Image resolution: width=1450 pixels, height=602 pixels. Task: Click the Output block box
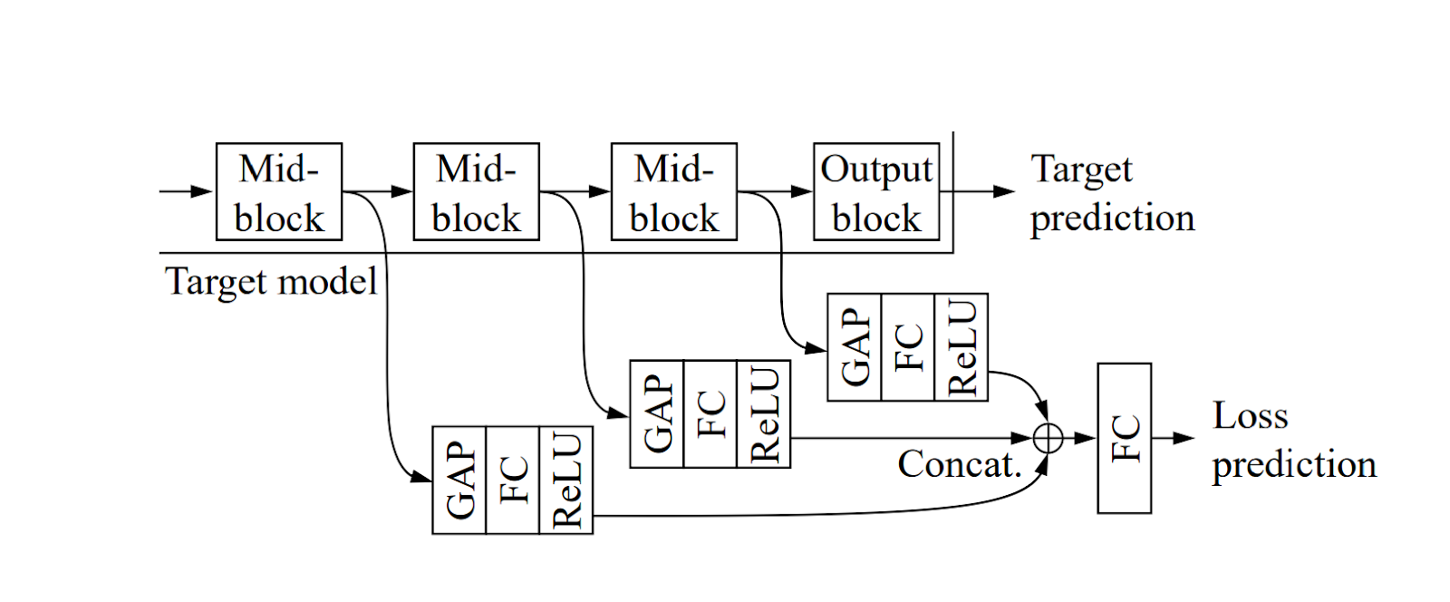(x=875, y=191)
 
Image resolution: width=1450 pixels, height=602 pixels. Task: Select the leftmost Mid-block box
(x=278, y=191)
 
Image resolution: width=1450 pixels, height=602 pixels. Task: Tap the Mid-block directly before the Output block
(x=673, y=191)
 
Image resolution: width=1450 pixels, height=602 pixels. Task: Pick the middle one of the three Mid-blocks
(x=476, y=191)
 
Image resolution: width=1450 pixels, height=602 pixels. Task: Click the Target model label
(x=271, y=281)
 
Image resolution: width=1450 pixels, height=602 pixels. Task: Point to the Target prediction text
(x=1111, y=193)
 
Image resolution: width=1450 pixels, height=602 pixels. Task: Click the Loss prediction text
(x=1293, y=440)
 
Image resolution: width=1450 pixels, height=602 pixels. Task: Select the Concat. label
(x=959, y=464)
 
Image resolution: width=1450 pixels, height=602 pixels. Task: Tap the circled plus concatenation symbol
(x=1048, y=438)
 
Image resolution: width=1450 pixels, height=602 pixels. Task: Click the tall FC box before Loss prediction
(x=1124, y=438)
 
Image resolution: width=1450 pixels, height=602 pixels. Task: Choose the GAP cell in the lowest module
(x=459, y=480)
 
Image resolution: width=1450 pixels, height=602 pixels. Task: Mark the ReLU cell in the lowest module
(x=566, y=480)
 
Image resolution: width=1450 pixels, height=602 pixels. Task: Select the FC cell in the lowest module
(x=513, y=480)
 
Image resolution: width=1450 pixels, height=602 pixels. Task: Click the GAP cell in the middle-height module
(x=657, y=413)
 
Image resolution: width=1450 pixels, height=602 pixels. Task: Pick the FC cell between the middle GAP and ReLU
(x=710, y=413)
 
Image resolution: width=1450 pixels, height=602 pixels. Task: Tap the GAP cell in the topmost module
(x=855, y=346)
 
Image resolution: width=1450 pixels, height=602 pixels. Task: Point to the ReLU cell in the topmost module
(x=962, y=346)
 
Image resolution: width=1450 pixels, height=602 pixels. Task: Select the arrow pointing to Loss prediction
(x=1174, y=438)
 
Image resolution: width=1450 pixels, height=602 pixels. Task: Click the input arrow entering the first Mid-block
(x=186, y=191)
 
